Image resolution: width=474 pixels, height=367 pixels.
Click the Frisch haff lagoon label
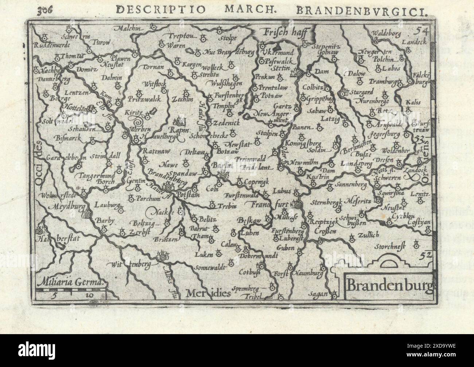(x=283, y=32)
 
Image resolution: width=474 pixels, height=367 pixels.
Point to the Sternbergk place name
(x=326, y=202)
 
